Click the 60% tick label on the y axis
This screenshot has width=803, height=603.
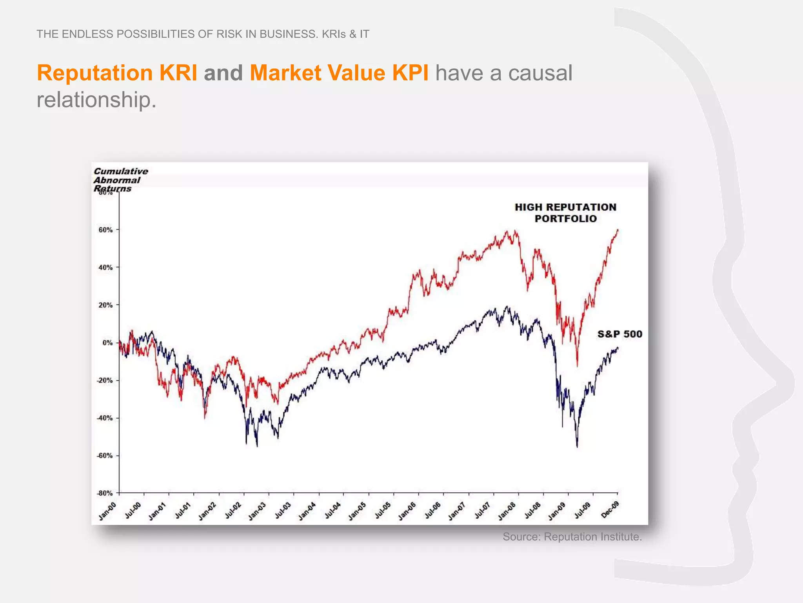105,230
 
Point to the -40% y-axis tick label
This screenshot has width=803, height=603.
104,418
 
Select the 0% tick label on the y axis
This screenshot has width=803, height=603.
107,343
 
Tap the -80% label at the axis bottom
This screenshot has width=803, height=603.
104,493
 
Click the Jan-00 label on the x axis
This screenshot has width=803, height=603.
107,511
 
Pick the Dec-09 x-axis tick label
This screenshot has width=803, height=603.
610,510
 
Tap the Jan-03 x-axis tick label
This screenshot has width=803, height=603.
257,511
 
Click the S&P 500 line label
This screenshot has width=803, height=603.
620,334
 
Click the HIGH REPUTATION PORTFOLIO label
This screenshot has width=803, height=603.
565,213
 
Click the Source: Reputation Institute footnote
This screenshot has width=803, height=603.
572,537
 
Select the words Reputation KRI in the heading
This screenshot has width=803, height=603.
117,73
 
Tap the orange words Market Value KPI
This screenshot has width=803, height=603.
339,73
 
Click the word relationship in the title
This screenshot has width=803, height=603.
96,100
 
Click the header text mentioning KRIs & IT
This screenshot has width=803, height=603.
203,34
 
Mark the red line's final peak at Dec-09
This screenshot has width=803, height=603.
618,230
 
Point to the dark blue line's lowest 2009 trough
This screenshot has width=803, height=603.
577,447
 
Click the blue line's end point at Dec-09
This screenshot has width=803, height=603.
618,348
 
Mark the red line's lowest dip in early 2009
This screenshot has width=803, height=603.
577,366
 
